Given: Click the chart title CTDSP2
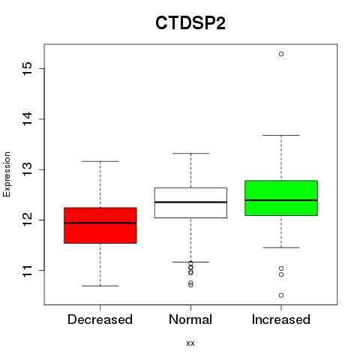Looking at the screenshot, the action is tap(190, 23).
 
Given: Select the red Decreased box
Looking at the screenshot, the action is tap(100, 225).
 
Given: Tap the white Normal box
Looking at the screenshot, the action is tap(190, 202).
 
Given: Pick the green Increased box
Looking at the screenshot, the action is tap(281, 198).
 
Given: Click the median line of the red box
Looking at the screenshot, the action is tap(100, 223).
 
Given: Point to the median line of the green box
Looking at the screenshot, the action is tap(281, 200).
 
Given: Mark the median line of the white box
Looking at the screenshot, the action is tap(190, 202).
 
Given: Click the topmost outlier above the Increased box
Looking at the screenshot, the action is tap(281, 54).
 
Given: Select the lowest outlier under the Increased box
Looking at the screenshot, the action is tap(281, 295).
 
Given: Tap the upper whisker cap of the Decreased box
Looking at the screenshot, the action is tap(100, 161).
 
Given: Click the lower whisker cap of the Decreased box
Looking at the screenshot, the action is tap(100, 286).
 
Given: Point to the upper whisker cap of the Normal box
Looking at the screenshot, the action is tap(190, 153).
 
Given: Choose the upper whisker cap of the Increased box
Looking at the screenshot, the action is tap(281, 135).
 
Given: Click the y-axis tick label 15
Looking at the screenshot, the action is tap(28, 68).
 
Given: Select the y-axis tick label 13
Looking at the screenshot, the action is tap(28, 169).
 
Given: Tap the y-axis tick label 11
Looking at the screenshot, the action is tap(28, 270).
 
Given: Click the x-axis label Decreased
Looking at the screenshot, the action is tap(100, 319).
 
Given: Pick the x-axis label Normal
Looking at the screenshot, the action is tap(190, 319).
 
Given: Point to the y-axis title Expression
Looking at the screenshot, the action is tap(7, 174).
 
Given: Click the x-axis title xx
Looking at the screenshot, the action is tap(190, 343).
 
